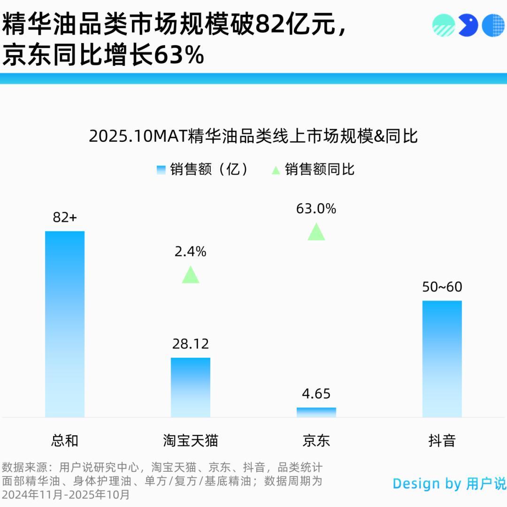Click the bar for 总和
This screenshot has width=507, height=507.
pyautogui.click(x=65, y=324)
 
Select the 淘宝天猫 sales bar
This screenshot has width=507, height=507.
pyautogui.click(x=191, y=387)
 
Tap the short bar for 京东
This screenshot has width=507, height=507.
pyautogui.click(x=316, y=412)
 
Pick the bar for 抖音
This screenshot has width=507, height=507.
pyautogui.click(x=442, y=359)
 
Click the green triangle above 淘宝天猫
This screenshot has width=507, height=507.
pyautogui.click(x=191, y=276)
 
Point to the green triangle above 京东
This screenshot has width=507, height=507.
pyautogui.click(x=316, y=232)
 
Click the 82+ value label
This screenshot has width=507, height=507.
pyautogui.click(x=65, y=217)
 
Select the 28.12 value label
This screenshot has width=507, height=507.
pyautogui.click(x=191, y=344)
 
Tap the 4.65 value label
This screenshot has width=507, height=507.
pyautogui.click(x=316, y=394)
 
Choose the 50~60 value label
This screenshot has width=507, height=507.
pyautogui.click(x=442, y=287)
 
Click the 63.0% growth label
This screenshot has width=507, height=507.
pyautogui.click(x=316, y=209)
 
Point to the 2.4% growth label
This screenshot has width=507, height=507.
pyautogui.click(x=191, y=252)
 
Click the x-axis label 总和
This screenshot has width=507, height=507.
pyautogui.click(x=65, y=441)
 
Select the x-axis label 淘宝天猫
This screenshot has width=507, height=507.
pyautogui.click(x=191, y=441)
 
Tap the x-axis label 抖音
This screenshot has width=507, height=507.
pyautogui.click(x=442, y=441)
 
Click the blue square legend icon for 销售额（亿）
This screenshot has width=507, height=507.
pyautogui.click(x=161, y=170)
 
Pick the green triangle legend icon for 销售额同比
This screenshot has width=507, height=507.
pyautogui.click(x=276, y=170)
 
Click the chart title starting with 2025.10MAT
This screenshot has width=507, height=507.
pyautogui.click(x=253, y=137)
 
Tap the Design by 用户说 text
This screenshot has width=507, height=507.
pyautogui.click(x=449, y=484)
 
